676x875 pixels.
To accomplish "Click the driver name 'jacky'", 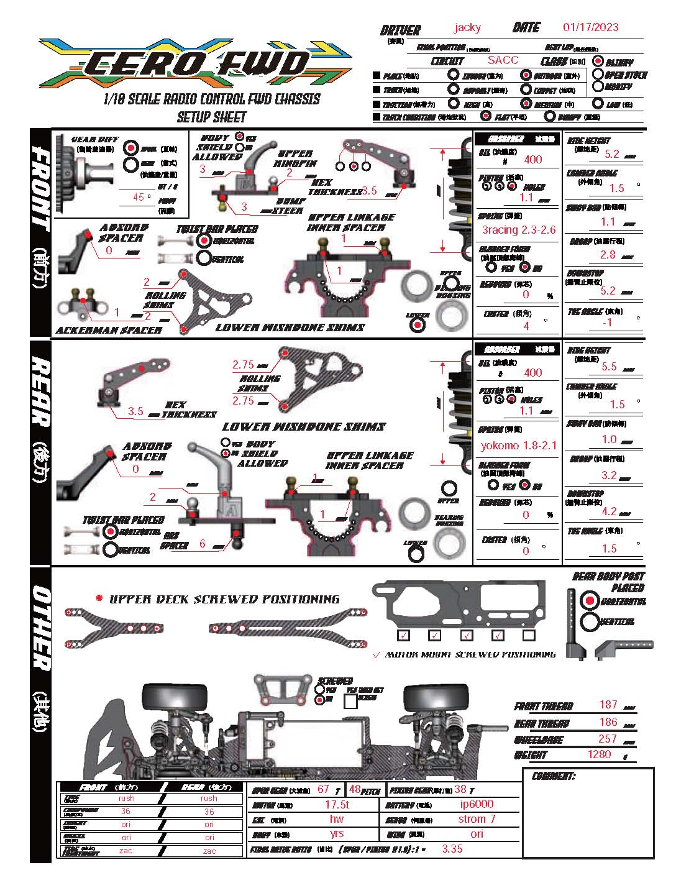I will pos(467,27).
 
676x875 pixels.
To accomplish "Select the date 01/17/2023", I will pos(590,27).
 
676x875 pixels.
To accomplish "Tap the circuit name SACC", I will pos(503,60).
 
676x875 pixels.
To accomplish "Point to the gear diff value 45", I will pos(139,197).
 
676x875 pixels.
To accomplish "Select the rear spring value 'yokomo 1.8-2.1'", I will pos(518,445).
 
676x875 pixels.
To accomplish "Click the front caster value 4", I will pos(526,325).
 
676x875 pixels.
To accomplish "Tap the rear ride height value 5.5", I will pos(609,367).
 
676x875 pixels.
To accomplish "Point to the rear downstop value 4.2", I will pos(609,511).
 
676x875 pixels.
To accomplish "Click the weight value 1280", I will pos(599,754).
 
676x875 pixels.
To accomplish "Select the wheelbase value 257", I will pos(607,738).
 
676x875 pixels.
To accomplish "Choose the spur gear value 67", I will pos(323,789).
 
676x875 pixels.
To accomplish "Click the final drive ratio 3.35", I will pos(452,849).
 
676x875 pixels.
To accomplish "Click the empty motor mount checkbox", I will pos(529,635).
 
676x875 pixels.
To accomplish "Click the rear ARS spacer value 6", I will pos(203,544).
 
